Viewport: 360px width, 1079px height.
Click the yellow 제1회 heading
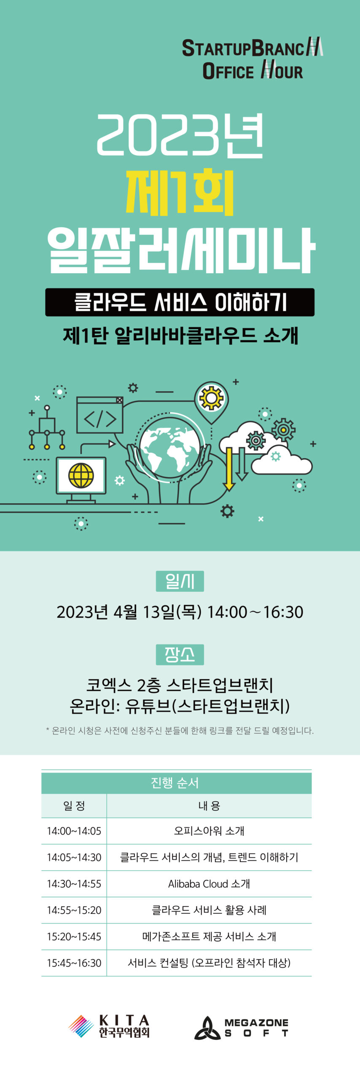tap(180, 192)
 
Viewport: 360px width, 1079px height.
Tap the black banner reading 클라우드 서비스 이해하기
tap(180, 302)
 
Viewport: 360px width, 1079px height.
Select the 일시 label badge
tap(180, 581)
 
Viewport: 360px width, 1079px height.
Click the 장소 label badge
tap(180, 654)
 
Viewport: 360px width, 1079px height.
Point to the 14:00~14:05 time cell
tap(74, 831)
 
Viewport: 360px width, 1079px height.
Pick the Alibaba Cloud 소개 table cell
tap(209, 883)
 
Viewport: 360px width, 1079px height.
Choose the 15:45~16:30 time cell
tap(74, 963)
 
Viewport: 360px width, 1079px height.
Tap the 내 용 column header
tap(209, 806)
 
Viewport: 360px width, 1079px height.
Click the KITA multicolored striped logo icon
tap(81, 1026)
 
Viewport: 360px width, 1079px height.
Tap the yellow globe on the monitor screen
tap(81, 475)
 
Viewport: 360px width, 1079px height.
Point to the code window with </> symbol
tap(99, 415)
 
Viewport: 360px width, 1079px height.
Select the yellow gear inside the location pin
tap(211, 398)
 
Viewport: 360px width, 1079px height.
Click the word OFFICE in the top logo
tap(228, 71)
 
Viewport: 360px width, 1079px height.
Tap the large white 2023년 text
tap(180, 135)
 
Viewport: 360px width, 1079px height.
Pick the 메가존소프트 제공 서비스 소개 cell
tap(209, 936)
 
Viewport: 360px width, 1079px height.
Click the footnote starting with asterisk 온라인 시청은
tap(180, 730)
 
